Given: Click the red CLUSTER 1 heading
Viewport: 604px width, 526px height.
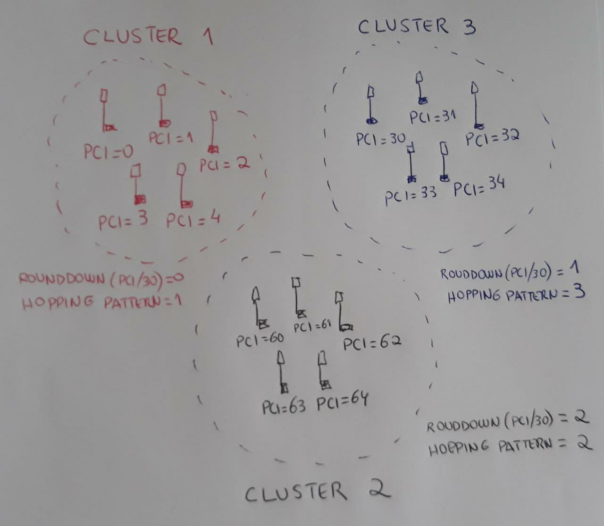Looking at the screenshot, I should (148, 37).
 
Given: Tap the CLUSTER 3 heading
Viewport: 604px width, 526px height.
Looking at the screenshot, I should (416, 26).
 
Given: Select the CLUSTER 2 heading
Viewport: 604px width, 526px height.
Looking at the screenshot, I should (317, 492).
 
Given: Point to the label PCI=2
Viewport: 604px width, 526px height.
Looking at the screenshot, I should (224, 165).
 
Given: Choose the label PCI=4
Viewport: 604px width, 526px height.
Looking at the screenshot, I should (193, 220).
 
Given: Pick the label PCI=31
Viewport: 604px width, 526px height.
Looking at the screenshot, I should (432, 116).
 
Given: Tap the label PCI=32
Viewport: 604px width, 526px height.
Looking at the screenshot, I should (492, 138).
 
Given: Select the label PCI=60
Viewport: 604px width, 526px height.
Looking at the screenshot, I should (260, 339).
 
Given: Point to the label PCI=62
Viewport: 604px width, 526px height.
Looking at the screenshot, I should (372, 343).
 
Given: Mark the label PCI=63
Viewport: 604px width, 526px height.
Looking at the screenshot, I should (283, 406).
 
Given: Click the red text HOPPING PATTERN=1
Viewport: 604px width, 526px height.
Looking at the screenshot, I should (101, 302).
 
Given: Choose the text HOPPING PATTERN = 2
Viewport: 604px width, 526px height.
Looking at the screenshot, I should (510, 446).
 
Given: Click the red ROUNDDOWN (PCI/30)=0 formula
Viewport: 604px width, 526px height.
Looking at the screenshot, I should (101, 279).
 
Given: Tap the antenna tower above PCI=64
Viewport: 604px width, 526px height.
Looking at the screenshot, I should (323, 370).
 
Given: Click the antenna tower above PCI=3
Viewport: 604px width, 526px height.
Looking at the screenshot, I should (138, 184).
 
